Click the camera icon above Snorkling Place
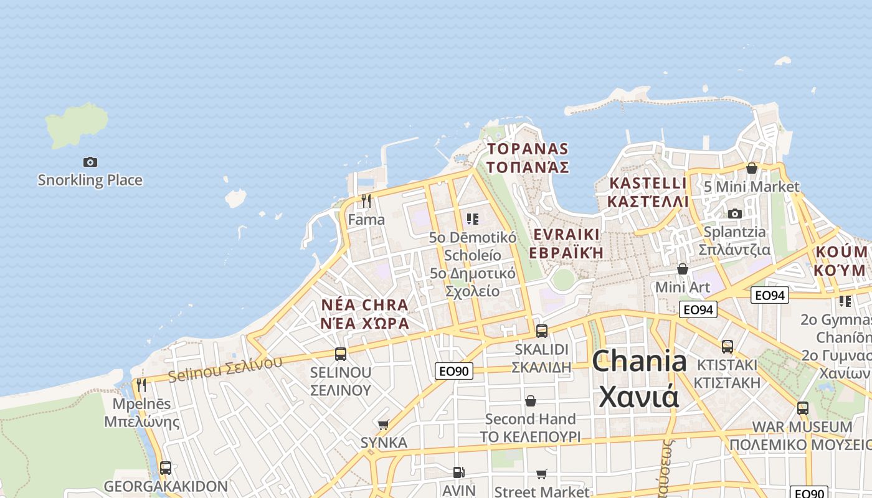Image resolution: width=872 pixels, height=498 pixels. coord(90,162)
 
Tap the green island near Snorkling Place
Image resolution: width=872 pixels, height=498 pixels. coord(76,125)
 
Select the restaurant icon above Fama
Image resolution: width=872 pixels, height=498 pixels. coord(366,201)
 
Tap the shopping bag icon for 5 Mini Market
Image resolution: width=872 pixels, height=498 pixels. coord(752,168)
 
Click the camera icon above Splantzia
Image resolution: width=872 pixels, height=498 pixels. coord(735,214)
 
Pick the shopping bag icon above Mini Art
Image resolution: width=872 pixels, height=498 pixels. coord(683,269)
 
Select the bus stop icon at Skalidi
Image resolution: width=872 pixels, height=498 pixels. coord(542,331)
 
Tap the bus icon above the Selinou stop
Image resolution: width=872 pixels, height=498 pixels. coord(341,354)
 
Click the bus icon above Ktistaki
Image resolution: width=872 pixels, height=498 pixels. coord(727,346)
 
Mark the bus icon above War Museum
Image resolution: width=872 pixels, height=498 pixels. coord(803,408)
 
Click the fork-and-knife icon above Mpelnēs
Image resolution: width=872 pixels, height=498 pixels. coord(141,385)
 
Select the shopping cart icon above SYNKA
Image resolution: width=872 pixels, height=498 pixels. coord(384,425)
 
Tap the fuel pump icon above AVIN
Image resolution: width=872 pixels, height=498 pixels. coord(459,473)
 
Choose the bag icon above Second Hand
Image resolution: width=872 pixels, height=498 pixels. coord(531,400)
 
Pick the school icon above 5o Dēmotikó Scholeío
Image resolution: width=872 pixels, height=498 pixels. coord(473,218)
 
